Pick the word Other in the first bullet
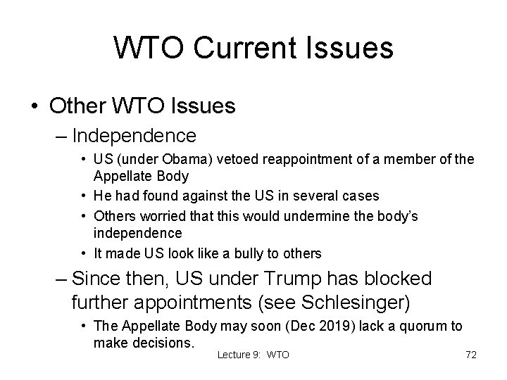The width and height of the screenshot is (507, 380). pos(77,106)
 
